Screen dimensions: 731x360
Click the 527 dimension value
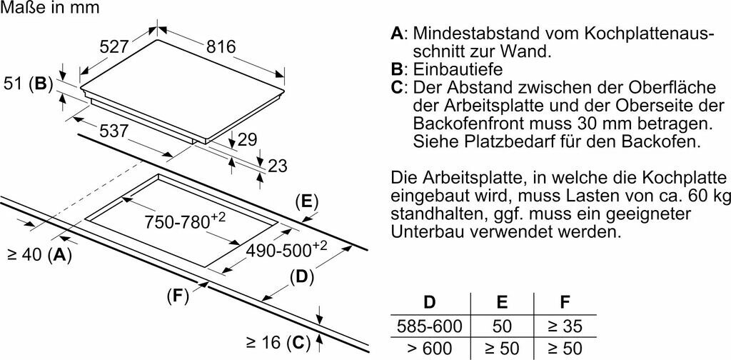pyautogui.click(x=114, y=47)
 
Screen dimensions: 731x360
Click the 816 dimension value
pyautogui.click(x=221, y=47)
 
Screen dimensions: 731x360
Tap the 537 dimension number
pyautogui.click(x=114, y=131)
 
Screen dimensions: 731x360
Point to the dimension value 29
pyautogui.click(x=247, y=140)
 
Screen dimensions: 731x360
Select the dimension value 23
pyautogui.click(x=277, y=166)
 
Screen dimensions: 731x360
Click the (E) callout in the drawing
pyautogui.click(x=306, y=201)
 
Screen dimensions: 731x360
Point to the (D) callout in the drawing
pyautogui.click(x=302, y=276)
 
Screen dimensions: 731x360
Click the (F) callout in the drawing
pyautogui.click(x=178, y=296)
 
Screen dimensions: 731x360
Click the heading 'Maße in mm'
pyautogui.click(x=50, y=9)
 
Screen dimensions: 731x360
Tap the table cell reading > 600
pyautogui.click(x=430, y=349)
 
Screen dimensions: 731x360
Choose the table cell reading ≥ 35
pyautogui.click(x=565, y=327)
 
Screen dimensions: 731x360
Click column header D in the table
pyautogui.click(x=430, y=304)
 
